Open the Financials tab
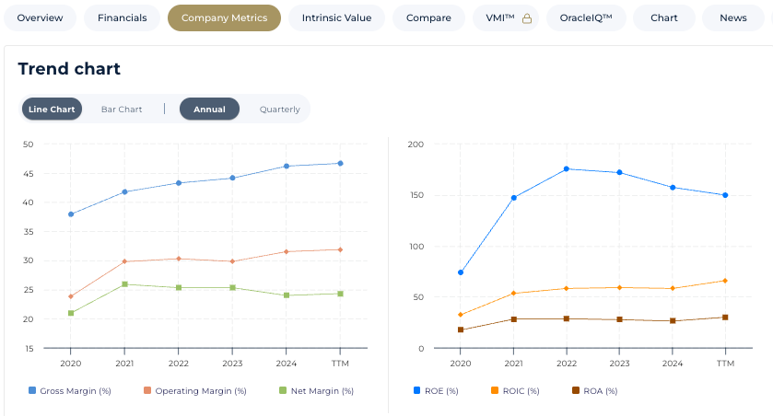pyautogui.click(x=122, y=17)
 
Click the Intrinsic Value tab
pyautogui.click(x=336, y=17)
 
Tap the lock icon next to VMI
pyautogui.click(x=527, y=18)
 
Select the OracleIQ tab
pyautogui.click(x=586, y=17)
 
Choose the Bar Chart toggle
pyautogui.click(x=122, y=109)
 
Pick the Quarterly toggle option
pyautogui.click(x=279, y=109)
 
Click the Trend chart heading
pyautogui.click(x=69, y=69)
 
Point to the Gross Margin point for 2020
pyautogui.click(x=71, y=214)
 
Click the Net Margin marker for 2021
pyautogui.click(x=124, y=284)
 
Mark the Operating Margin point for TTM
pyautogui.click(x=340, y=249)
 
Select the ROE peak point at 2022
pyautogui.click(x=567, y=168)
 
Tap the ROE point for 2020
pyautogui.click(x=461, y=272)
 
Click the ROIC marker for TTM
pyautogui.click(x=726, y=281)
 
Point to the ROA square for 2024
pyautogui.click(x=673, y=320)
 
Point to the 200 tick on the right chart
pyautogui.click(x=415, y=144)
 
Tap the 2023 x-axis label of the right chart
pyautogui.click(x=619, y=364)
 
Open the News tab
pyautogui.click(x=733, y=17)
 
